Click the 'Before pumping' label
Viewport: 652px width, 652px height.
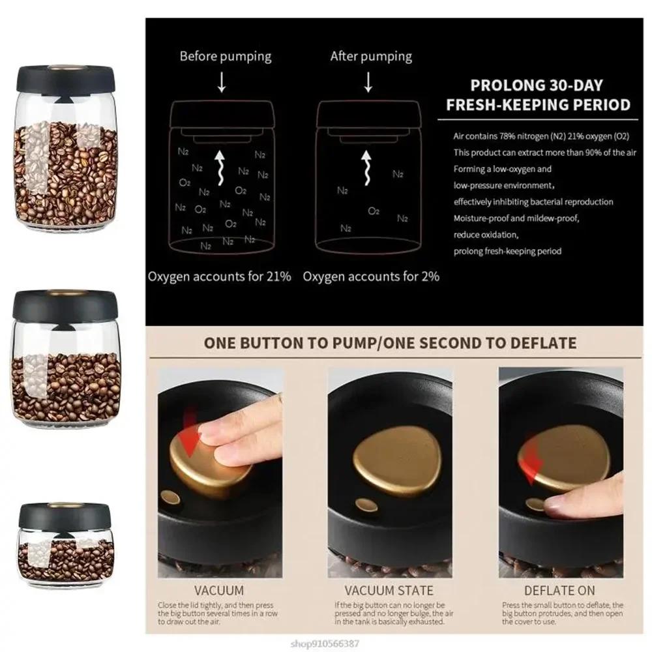coord(225,56)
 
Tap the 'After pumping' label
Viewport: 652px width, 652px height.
coord(371,56)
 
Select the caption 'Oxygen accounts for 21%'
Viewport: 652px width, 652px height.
coord(220,276)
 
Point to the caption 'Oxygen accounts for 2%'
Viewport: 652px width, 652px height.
coord(371,276)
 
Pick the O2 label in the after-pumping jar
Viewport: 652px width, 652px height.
coord(374,211)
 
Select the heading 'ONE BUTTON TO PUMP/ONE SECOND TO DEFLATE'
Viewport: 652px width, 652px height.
coord(391,343)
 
